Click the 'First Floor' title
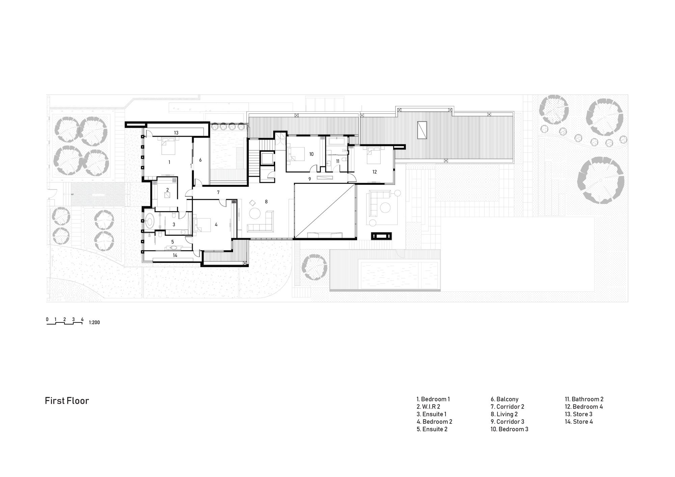(67, 401)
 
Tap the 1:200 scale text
(94, 322)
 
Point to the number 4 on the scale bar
(82, 319)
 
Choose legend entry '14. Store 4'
(579, 422)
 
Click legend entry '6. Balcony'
(505, 399)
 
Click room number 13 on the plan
(176, 133)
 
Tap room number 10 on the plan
(311, 154)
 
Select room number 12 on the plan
(375, 172)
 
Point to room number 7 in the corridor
(218, 192)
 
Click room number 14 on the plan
(175, 255)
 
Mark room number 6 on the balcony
(200, 160)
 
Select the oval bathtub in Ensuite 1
(150, 221)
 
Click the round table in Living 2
(254, 213)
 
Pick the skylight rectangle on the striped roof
(422, 130)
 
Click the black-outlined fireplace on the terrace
(381, 236)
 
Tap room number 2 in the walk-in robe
(167, 190)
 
